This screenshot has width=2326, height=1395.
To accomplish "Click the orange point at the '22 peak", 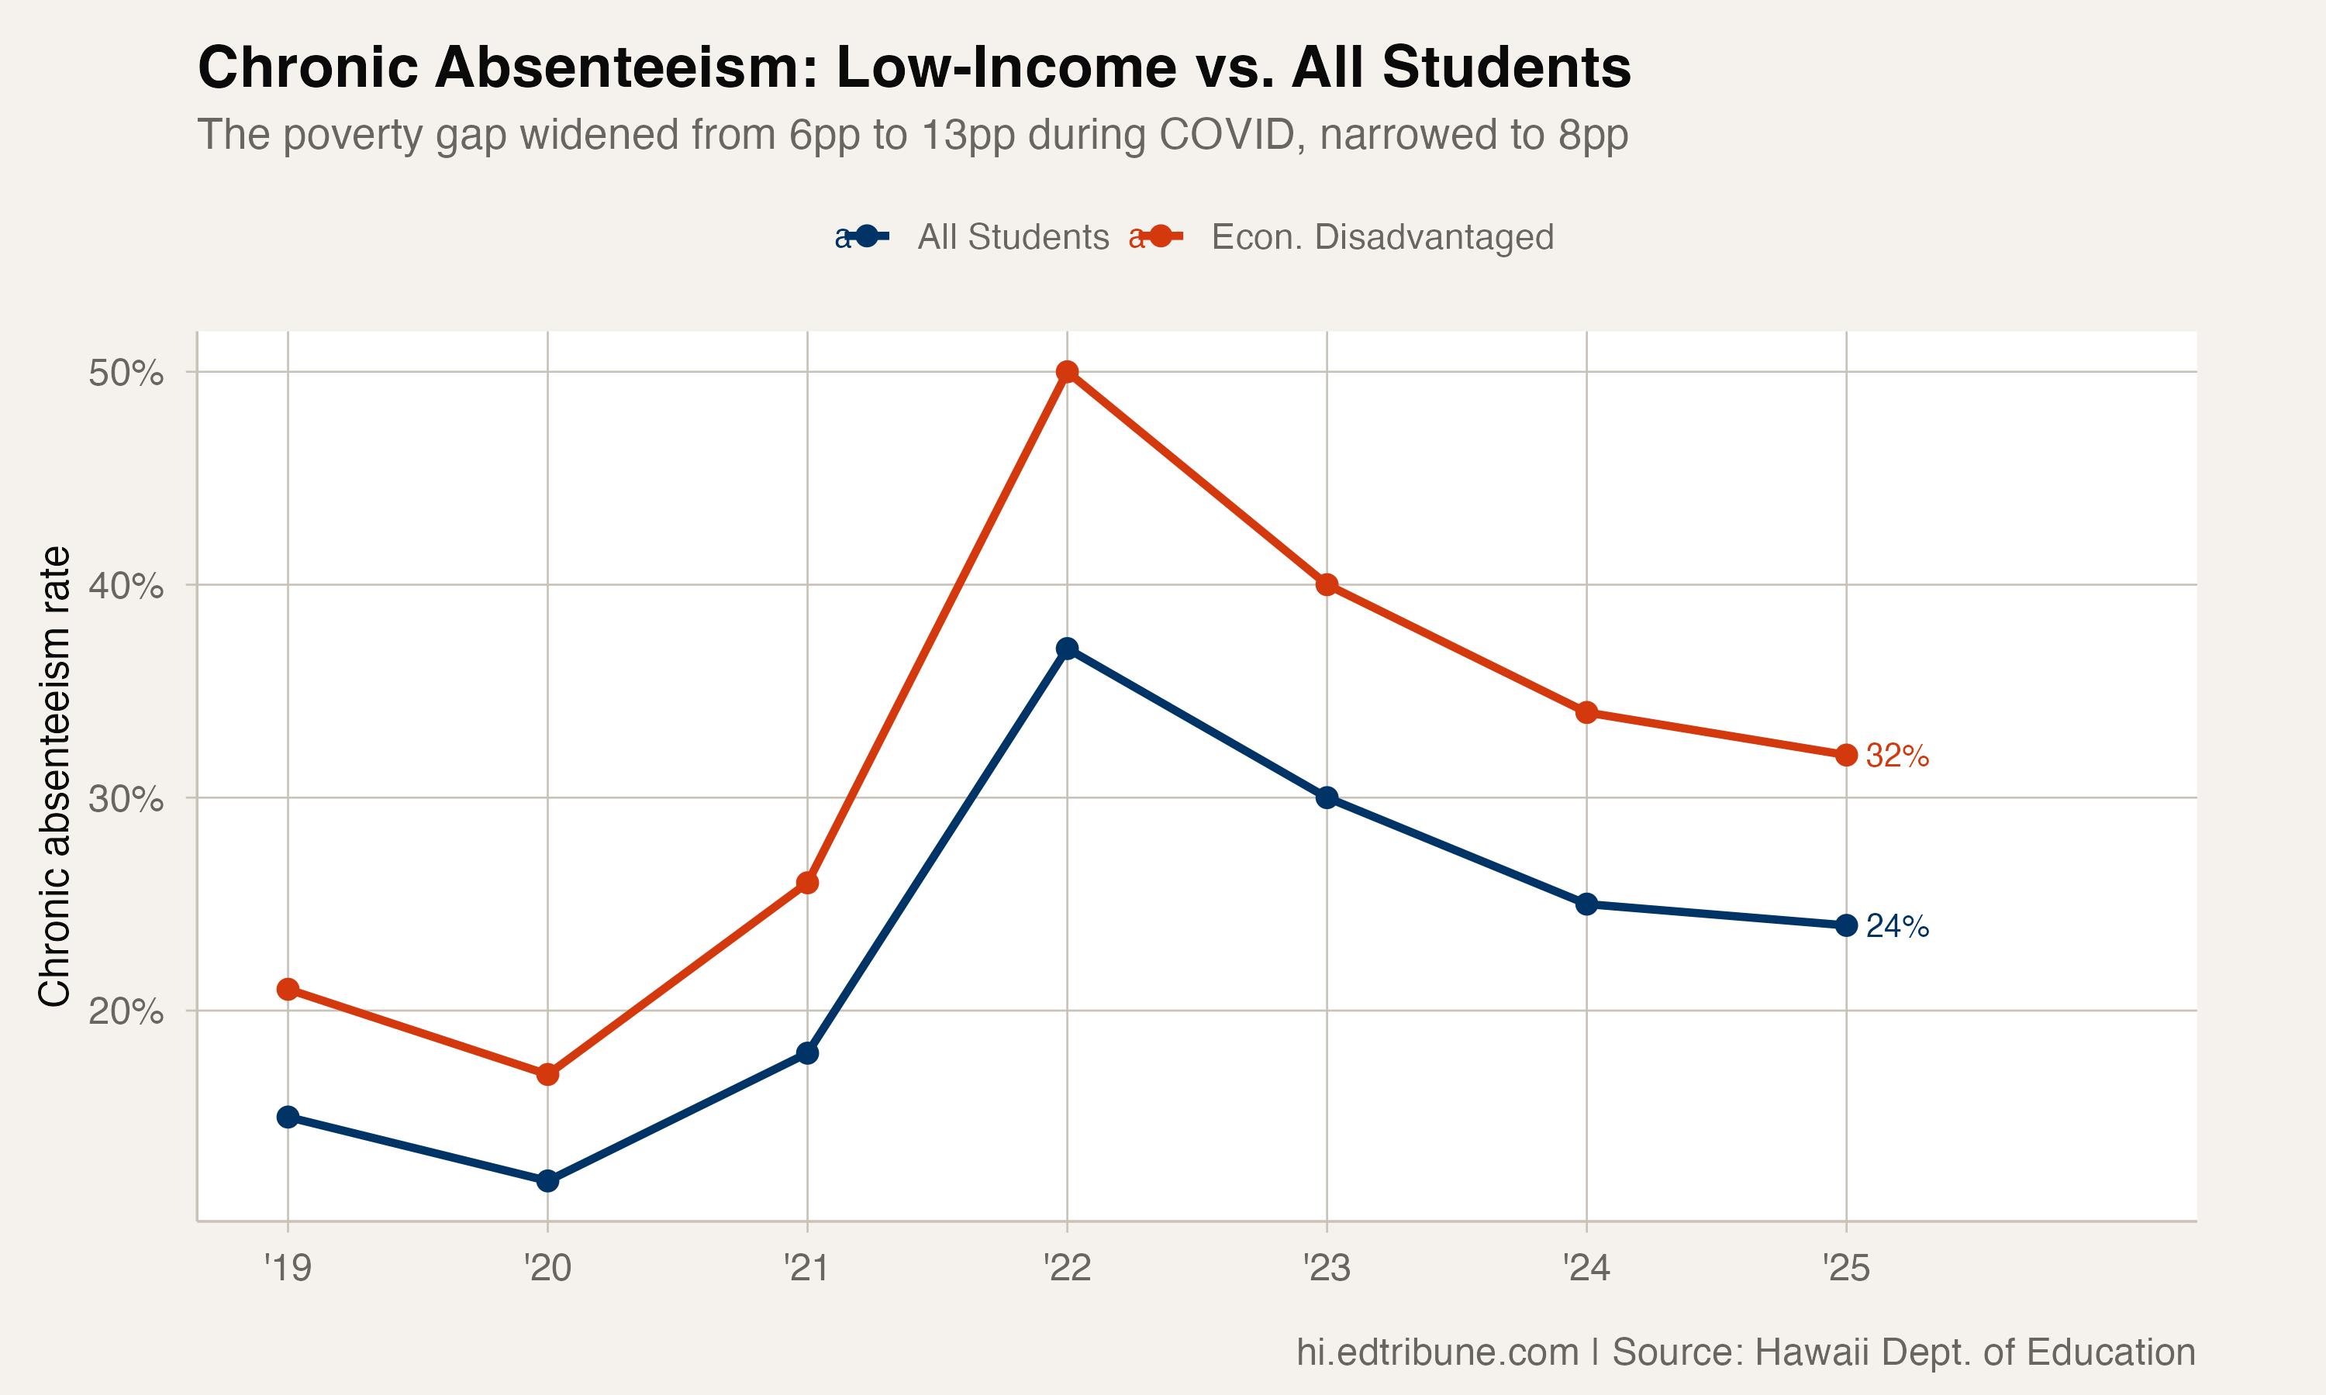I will tap(1067, 372).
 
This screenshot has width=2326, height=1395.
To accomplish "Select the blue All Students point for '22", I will tap(1067, 649).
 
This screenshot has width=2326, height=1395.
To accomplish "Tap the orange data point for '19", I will tap(288, 990).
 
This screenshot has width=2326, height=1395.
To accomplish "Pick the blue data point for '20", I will tap(547, 1180).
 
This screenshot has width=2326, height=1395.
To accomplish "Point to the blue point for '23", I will tap(1327, 798).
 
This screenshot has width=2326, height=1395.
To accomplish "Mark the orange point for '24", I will tap(1587, 712).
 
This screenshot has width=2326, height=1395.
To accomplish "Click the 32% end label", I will tap(1897, 756).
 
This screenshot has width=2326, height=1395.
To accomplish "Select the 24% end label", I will tap(1897, 927).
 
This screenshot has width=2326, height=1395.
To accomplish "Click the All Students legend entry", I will tap(1013, 237).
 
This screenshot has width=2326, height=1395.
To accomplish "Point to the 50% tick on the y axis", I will tap(126, 374).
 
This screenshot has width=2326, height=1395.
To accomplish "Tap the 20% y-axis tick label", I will tap(126, 1011).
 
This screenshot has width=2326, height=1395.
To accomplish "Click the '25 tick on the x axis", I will tap(1847, 1268).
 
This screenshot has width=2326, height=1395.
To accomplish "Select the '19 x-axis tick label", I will tap(288, 1268).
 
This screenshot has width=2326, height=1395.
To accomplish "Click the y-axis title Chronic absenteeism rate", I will tap(53, 776).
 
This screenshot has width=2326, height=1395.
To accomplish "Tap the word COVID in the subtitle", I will tap(1232, 134).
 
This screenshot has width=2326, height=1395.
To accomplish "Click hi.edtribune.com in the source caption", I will tap(1437, 1352).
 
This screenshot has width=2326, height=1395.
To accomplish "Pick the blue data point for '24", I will tap(1587, 904).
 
